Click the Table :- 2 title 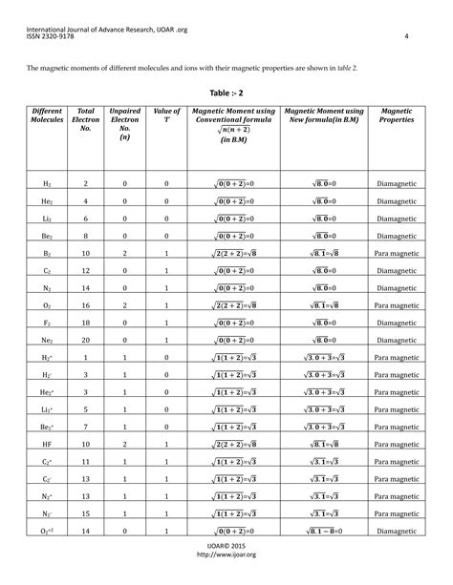pos(225,94)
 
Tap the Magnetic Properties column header pos(397,116)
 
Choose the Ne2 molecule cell pos(46,340)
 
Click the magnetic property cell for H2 pos(397,183)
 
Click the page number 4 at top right pos(406,37)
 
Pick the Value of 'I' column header pos(166,116)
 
